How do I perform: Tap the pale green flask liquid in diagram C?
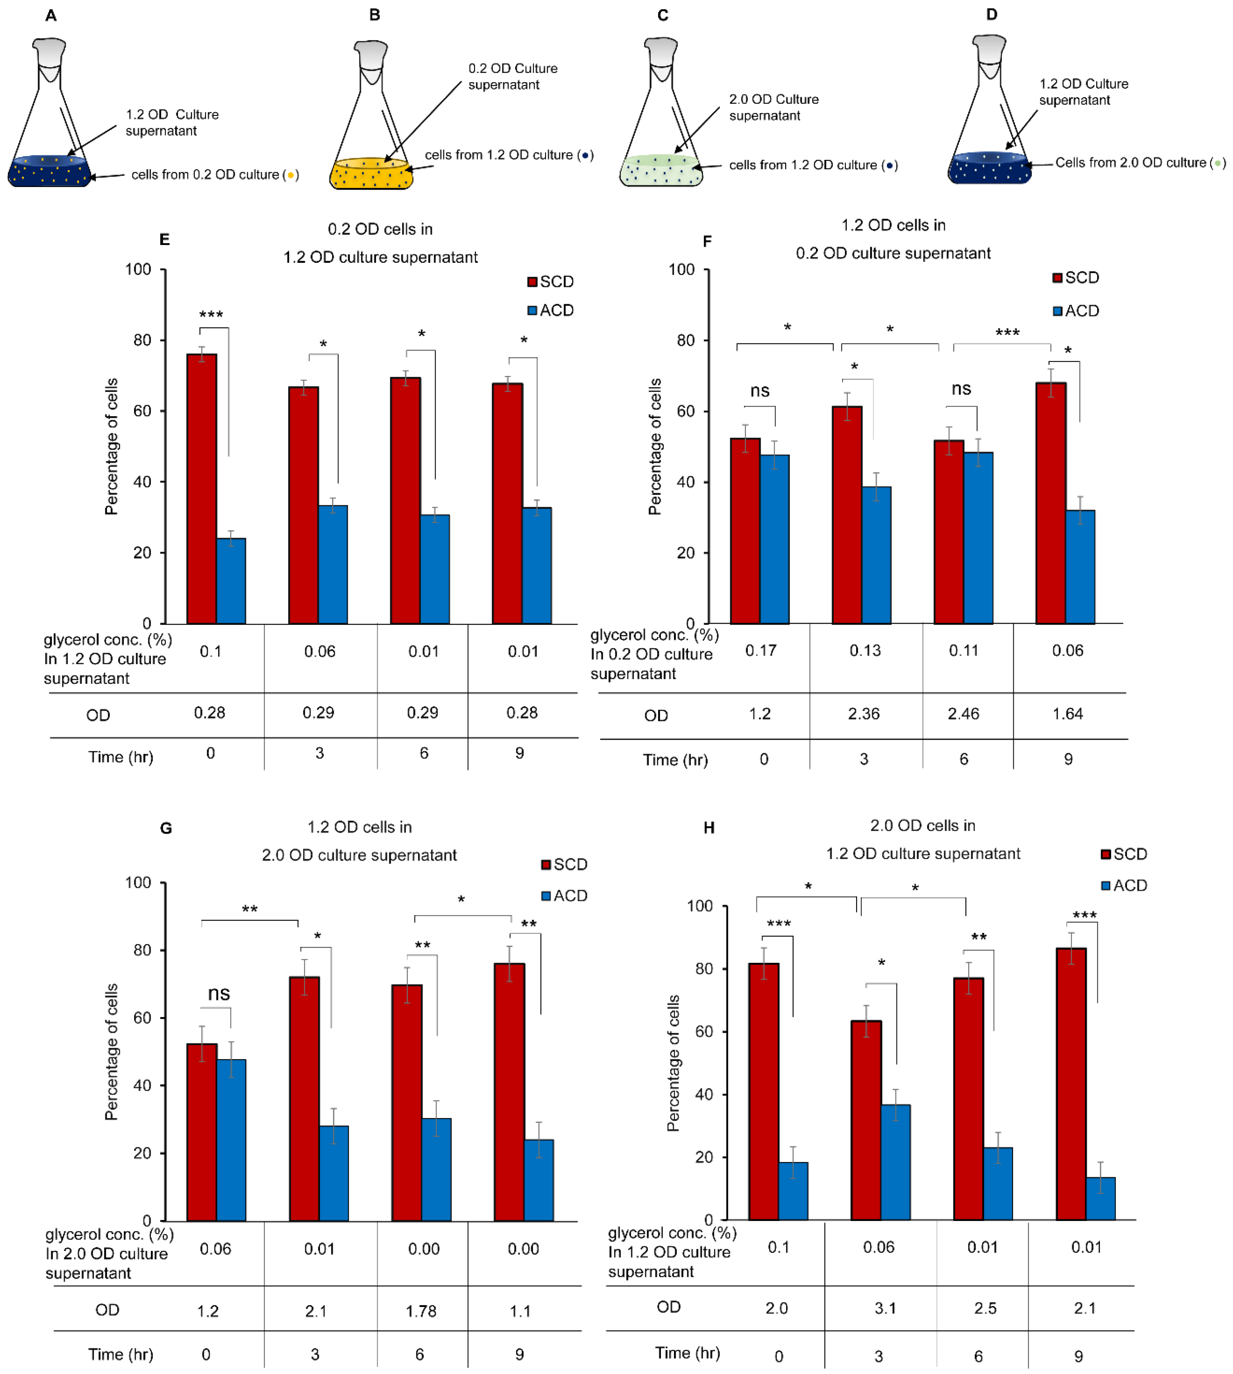coord(661,173)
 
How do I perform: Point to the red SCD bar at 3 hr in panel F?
coord(847,515)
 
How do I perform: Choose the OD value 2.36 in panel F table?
coord(864,714)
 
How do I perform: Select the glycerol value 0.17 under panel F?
coord(761,650)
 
